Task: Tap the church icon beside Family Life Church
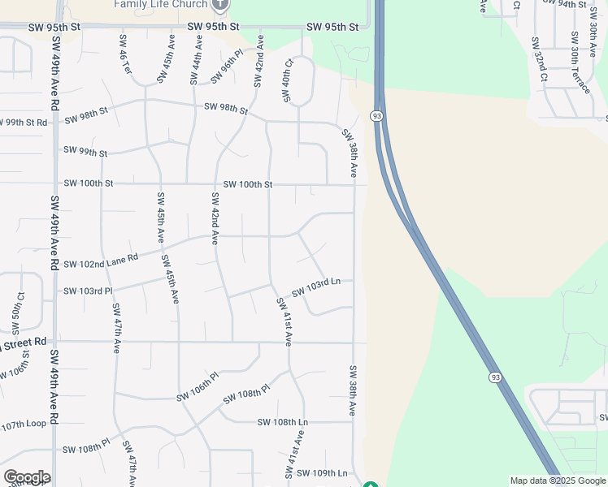tap(219, 4)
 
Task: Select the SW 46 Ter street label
tap(125, 55)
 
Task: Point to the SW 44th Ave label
tap(195, 60)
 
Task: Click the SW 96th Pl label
tap(227, 67)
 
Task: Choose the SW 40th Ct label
tap(287, 80)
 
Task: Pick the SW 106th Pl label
tap(198, 386)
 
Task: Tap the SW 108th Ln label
tap(283, 422)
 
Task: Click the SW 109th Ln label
tap(322, 472)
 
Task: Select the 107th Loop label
tap(23, 425)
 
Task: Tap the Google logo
tap(27, 477)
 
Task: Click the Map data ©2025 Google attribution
tap(558, 481)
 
